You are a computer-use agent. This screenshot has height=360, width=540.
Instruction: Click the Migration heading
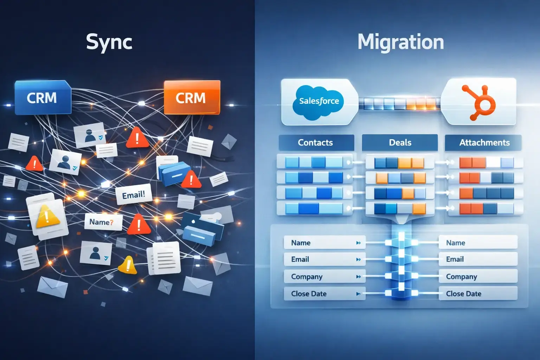[x=400, y=42]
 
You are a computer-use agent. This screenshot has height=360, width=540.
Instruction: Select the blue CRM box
[x=42, y=98]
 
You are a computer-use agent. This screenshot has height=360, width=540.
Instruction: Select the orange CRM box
[x=192, y=97]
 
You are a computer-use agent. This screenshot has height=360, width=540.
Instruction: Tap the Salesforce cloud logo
[x=319, y=101]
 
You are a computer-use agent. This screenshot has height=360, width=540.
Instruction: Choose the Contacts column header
[x=316, y=142]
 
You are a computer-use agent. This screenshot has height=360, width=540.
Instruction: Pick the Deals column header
[x=400, y=142]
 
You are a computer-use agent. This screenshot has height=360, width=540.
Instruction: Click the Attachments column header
[x=484, y=142]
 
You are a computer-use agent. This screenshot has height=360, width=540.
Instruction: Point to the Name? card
[x=102, y=222]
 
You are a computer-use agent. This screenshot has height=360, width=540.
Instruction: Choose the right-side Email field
[x=477, y=259]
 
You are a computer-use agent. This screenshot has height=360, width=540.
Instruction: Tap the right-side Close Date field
[x=477, y=294]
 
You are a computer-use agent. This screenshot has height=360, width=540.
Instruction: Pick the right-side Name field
[x=477, y=243]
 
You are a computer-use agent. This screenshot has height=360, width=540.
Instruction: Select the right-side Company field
[x=477, y=277]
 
